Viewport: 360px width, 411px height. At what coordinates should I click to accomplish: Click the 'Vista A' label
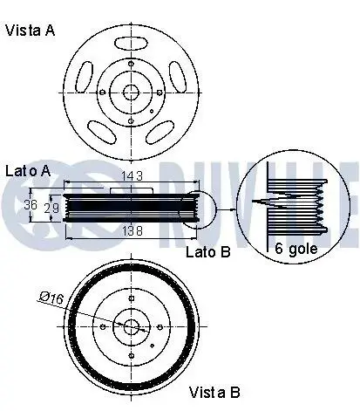(x=30, y=31)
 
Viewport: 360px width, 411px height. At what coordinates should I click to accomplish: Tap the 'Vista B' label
(x=214, y=393)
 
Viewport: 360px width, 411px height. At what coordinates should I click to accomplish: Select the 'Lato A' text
(x=28, y=171)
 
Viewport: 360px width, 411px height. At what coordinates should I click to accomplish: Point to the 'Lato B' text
(x=208, y=251)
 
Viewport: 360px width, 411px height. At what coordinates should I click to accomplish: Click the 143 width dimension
(x=132, y=176)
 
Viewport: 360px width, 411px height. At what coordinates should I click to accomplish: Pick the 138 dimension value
(x=132, y=231)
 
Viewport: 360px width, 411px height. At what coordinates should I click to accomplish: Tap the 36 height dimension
(x=31, y=205)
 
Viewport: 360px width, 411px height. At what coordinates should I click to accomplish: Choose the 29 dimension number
(x=51, y=208)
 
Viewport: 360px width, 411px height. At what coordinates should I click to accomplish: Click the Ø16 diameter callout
(x=51, y=298)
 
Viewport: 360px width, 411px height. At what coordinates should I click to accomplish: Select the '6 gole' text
(x=296, y=249)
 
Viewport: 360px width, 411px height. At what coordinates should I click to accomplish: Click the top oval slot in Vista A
(x=132, y=44)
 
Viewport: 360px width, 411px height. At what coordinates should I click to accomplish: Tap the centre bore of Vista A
(x=131, y=92)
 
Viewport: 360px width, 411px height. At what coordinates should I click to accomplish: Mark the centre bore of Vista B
(x=132, y=327)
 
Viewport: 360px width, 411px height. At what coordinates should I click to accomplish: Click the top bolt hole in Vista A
(x=131, y=64)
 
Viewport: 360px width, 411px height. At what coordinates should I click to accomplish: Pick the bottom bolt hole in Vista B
(x=132, y=355)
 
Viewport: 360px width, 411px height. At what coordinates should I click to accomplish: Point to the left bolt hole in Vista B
(x=103, y=327)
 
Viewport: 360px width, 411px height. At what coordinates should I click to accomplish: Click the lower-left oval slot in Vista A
(x=101, y=132)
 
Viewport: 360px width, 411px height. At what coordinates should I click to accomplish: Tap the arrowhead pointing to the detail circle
(x=233, y=209)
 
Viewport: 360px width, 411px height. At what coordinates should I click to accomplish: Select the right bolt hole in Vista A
(x=160, y=92)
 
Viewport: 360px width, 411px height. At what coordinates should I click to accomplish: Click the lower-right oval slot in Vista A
(x=160, y=133)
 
